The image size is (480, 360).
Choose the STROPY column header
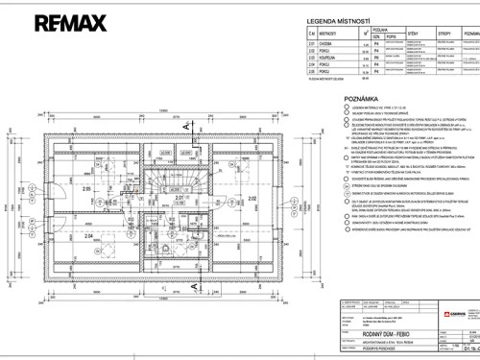(423, 33)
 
